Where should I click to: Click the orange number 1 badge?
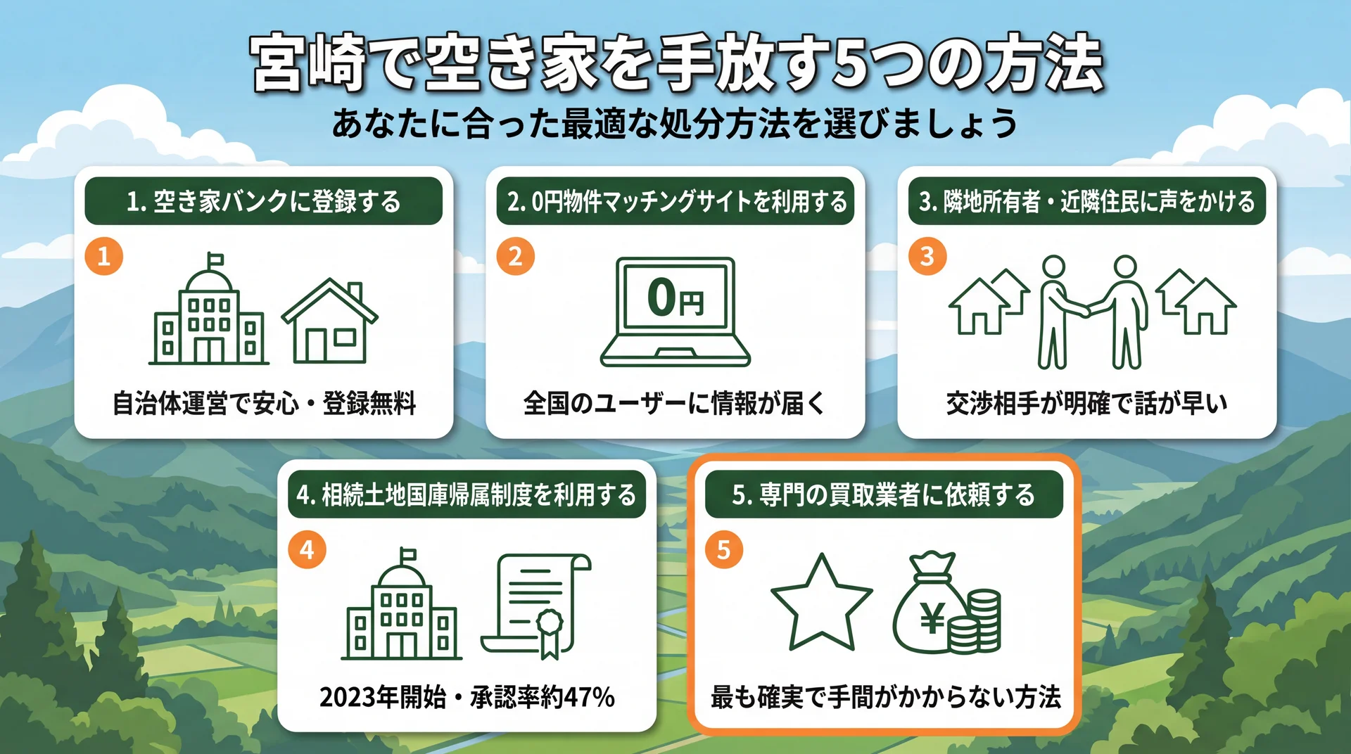[x=104, y=256]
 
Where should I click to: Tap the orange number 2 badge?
[x=515, y=256]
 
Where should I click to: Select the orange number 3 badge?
[x=927, y=256]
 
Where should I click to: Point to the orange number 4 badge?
[x=307, y=549]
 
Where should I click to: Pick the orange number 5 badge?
[x=723, y=549]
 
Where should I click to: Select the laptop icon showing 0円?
[x=675, y=311]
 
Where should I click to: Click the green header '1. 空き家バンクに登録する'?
[x=263, y=202]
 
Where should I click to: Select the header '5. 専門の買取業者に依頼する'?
[x=883, y=495]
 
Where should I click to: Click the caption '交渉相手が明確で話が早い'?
[x=1086, y=404]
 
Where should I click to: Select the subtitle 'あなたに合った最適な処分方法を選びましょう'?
[x=675, y=124]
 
